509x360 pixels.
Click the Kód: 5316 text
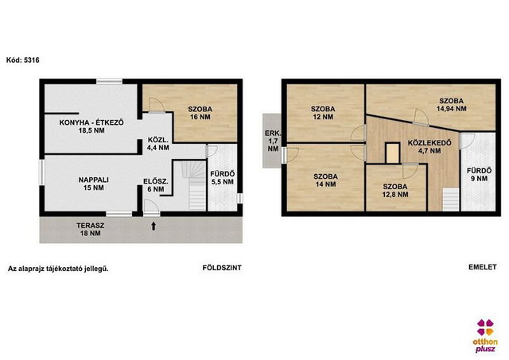coord(23,60)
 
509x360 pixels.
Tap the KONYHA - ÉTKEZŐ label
coord(91,126)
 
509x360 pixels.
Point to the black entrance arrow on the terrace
coord(153,226)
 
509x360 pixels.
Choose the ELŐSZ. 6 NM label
coord(156,185)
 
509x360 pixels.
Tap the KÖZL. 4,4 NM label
coord(158,144)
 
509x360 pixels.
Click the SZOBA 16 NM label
coord(200,113)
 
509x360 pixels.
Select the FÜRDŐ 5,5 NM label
coord(223,178)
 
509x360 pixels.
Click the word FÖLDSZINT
coord(222,268)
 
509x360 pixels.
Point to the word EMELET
coord(483,267)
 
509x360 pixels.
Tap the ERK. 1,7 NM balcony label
coord(273,141)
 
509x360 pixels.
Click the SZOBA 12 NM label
coord(323,113)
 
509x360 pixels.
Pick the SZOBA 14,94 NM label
coord(452,105)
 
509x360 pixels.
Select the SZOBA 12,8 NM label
coord(395,191)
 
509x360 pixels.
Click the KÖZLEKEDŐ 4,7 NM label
coord(429,146)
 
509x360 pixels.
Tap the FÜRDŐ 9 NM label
coord(479,175)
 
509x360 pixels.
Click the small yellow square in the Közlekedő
coord(392,153)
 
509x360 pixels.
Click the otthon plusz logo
coord(485,335)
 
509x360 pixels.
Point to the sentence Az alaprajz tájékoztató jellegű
coord(58,269)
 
